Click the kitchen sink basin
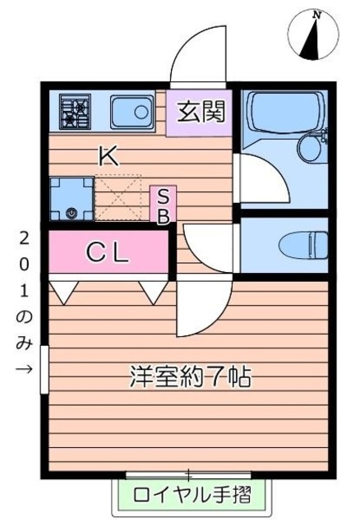pos(131,110)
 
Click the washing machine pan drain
pos(71,213)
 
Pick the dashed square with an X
pos(118,198)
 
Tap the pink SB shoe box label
pos(163,205)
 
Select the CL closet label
pos(108,254)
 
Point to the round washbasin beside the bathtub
pos(312,148)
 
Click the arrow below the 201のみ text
pos(24,367)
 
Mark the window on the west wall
pos(44,370)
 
